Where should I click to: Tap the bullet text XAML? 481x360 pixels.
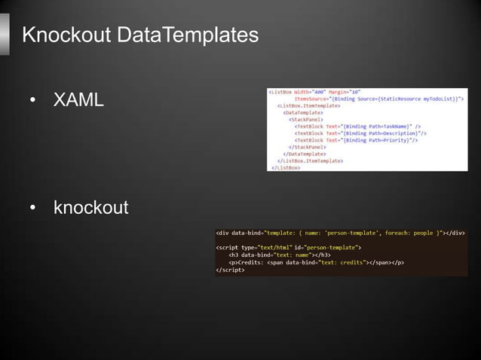click(x=78, y=99)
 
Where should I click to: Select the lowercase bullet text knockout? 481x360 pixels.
click(x=90, y=207)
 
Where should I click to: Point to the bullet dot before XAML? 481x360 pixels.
click(x=32, y=100)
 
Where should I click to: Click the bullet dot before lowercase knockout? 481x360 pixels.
click(x=32, y=208)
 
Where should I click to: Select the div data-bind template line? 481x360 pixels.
click(x=340, y=233)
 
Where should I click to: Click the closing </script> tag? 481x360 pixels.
click(x=230, y=270)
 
